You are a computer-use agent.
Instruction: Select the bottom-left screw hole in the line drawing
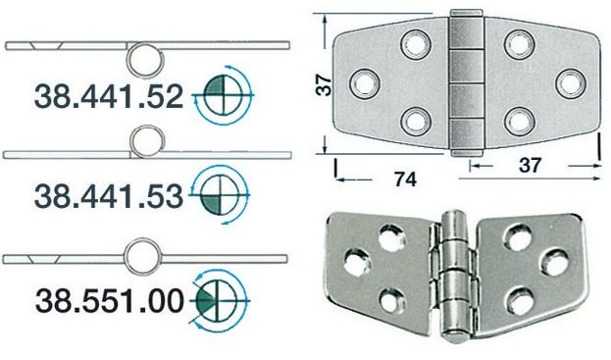(x=415, y=121)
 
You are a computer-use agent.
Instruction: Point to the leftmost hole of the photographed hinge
(x=358, y=261)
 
